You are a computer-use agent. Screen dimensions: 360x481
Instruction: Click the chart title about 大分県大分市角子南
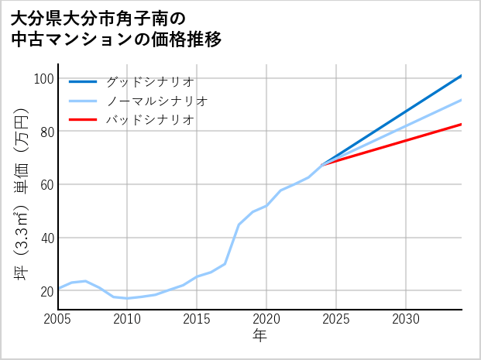point(116,29)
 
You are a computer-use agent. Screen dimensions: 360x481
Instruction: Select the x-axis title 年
point(259,336)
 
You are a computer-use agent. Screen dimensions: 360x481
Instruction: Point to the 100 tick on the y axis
point(44,79)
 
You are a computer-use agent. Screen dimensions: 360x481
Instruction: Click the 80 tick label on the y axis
point(44,132)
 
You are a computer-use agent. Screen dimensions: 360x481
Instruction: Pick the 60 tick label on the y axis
point(44,185)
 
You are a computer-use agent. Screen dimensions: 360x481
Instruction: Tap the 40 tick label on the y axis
point(44,238)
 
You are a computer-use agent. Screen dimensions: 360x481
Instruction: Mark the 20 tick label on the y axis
point(44,291)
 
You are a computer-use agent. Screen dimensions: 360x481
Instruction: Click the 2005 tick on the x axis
point(58,319)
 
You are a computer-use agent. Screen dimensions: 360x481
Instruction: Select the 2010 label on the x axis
point(127,319)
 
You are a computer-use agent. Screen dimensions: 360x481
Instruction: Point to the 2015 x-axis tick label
point(197,319)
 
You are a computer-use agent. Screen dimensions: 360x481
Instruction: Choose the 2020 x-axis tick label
point(266,319)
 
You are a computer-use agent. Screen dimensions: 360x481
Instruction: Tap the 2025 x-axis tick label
point(336,319)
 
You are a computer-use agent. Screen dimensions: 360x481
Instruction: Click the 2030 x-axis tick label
point(406,319)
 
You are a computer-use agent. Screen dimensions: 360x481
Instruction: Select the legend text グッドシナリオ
point(149,81)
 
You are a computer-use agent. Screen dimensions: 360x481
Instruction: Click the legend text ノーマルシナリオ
point(156,101)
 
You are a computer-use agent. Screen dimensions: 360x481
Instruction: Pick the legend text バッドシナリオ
point(149,120)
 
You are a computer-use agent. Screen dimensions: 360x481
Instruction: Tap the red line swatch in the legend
point(83,120)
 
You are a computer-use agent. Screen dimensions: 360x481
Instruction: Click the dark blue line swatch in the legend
point(83,81)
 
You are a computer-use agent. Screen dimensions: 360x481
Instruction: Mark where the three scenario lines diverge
point(322,165)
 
